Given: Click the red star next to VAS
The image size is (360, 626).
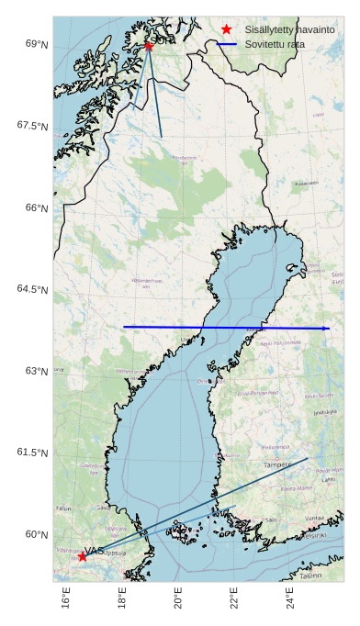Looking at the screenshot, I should [83, 556].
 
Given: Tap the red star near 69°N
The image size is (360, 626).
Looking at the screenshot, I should [149, 46].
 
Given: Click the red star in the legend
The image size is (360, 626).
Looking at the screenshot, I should [227, 29].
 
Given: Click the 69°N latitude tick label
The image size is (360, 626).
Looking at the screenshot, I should [37, 44].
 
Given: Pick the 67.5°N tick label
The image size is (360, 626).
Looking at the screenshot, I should [33, 126].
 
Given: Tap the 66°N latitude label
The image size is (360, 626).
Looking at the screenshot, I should [37, 208].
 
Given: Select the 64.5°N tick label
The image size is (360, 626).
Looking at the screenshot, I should [33, 289].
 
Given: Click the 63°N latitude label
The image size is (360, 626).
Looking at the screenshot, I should [37, 371].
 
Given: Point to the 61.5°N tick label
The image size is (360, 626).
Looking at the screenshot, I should [33, 453].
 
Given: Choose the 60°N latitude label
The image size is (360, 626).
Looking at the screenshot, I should [37, 534].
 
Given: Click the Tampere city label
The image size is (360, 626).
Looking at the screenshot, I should [276, 465].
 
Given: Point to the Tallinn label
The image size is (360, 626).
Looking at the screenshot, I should [310, 576].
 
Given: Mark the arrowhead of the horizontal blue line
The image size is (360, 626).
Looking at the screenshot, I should [327, 328].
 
